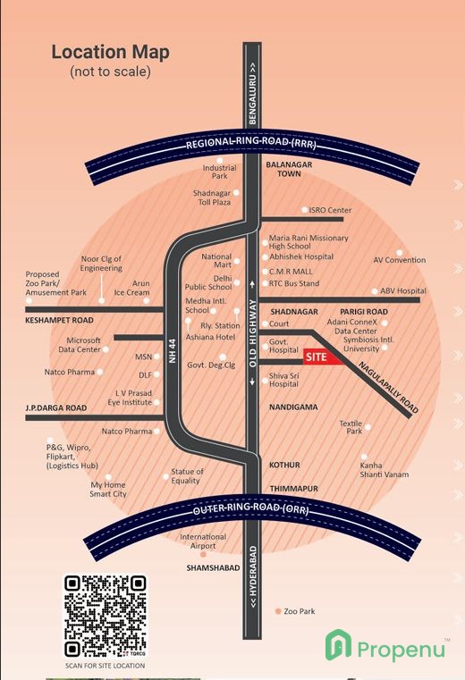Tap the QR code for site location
[105, 617]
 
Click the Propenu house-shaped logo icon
[338, 645]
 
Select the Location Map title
[110, 52]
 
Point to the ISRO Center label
[330, 210]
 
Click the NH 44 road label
[173, 350]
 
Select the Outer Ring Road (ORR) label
[251, 508]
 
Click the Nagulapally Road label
[389, 387]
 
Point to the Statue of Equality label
[186, 475]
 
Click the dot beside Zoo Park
[278, 611]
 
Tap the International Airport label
[203, 541]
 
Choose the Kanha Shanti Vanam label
[385, 470]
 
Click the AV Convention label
[400, 260]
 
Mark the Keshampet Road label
[59, 321]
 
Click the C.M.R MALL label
[291, 272]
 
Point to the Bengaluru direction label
[252, 94]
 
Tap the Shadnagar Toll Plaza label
[212, 197]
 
